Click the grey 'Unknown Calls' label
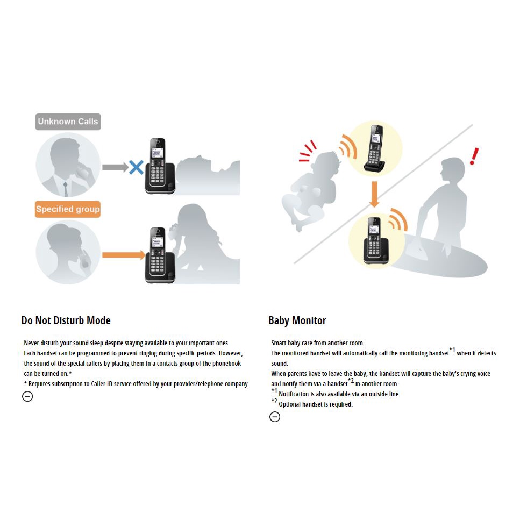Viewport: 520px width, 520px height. click(x=68, y=122)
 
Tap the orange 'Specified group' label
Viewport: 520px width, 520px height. click(x=68, y=209)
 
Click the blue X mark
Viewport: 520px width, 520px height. click(x=136, y=167)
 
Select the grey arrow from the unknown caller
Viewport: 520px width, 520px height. click(x=115, y=167)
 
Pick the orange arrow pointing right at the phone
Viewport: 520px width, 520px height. click(x=124, y=255)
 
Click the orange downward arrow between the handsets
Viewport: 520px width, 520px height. click(x=374, y=194)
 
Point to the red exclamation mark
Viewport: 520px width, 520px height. click(x=474, y=156)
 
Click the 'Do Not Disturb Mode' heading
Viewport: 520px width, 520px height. click(x=66, y=320)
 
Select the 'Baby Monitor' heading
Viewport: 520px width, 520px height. click(x=297, y=320)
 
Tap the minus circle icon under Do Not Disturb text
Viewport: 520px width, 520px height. click(x=27, y=396)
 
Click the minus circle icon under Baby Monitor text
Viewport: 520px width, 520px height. click(x=275, y=417)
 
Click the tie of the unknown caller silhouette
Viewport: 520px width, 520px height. click(x=66, y=189)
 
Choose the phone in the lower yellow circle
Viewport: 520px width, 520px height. click(x=375, y=241)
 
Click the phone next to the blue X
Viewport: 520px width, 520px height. click(x=160, y=166)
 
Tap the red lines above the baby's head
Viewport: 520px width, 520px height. click(x=307, y=152)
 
